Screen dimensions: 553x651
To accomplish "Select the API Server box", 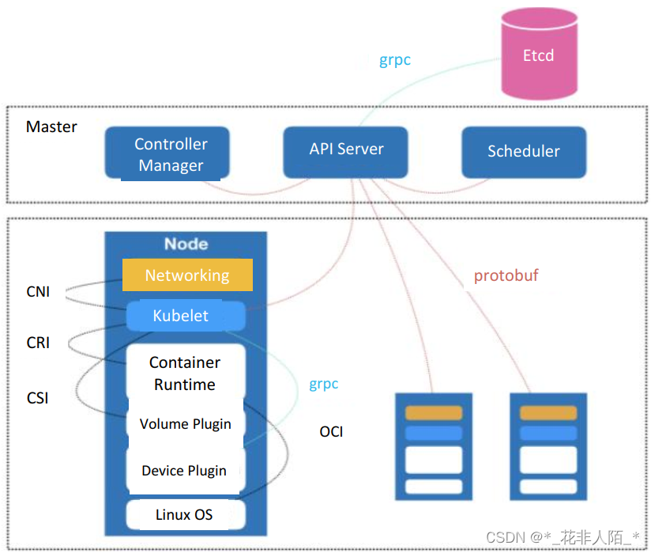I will click(x=346, y=150).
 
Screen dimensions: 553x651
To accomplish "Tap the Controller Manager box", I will click(x=171, y=154).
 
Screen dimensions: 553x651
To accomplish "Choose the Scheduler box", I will click(x=523, y=152).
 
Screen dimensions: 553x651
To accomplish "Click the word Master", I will click(x=51, y=127).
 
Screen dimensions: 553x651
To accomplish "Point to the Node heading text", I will click(x=186, y=244).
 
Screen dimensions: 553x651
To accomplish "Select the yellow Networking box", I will click(x=187, y=275).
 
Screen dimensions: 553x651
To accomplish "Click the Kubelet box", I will click(x=181, y=316).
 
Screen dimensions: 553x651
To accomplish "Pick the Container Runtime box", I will click(x=185, y=373).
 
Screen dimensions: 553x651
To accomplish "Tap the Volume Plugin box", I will click(x=186, y=424).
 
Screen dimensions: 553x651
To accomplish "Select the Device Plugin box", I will click(x=184, y=471).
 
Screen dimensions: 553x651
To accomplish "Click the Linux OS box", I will click(x=184, y=514).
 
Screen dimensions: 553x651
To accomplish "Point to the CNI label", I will click(x=38, y=292).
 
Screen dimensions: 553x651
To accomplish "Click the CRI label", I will click(x=38, y=343).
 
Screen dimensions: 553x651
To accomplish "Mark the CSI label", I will click(x=38, y=398).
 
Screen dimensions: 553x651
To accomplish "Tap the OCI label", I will click(x=331, y=432).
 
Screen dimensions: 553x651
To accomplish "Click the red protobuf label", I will click(x=506, y=276).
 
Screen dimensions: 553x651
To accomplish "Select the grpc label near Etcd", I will click(x=395, y=60).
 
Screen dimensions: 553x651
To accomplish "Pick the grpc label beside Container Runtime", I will click(x=323, y=384).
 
